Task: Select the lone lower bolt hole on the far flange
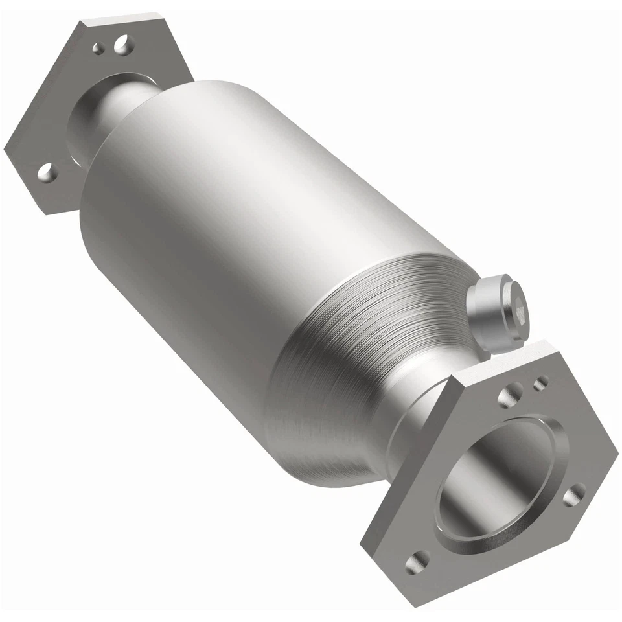click(46, 172)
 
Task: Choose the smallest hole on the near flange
click(540, 383)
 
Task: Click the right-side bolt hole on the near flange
click(573, 496)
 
